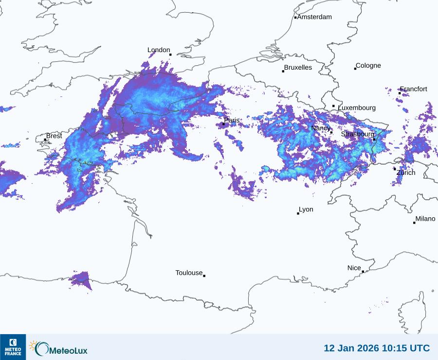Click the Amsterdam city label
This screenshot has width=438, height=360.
click(314, 17)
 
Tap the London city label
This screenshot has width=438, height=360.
click(159, 50)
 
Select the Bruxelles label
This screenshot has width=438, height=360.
click(298, 68)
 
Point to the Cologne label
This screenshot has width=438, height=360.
click(368, 66)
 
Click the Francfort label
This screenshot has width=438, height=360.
click(414, 89)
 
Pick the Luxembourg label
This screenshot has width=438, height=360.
click(357, 108)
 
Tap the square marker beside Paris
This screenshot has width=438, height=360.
click(223, 124)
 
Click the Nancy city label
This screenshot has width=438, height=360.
click(321, 128)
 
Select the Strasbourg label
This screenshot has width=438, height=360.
click(358, 134)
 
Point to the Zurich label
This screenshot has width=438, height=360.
click(406, 172)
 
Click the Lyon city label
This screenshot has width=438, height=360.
click(306, 209)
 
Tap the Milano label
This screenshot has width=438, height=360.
click(425, 219)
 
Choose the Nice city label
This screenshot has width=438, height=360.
click(354, 268)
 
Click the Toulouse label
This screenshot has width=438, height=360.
click(189, 273)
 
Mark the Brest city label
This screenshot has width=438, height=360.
click(54, 136)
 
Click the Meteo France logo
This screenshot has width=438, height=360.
click(13, 347)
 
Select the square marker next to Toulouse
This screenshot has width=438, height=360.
click(204, 276)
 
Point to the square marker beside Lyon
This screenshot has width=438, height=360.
click(298, 213)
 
